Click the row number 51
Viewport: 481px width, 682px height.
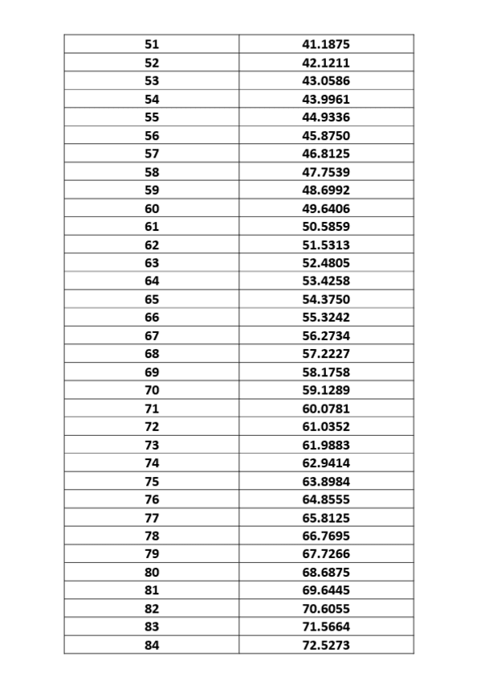[152, 45]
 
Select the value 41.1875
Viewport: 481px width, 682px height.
[326, 45]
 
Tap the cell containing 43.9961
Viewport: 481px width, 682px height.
[326, 100]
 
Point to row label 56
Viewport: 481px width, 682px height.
[152, 136]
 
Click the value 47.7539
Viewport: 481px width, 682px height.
[326, 172]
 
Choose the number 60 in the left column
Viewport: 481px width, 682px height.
[152, 209]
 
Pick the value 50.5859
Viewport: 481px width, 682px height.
[326, 227]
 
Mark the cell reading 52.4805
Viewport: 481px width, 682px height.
[326, 263]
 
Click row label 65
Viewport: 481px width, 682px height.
[152, 299]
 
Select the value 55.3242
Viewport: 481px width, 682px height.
[326, 318]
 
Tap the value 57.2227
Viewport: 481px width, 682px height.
[326, 354]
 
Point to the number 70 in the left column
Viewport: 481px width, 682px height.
[152, 390]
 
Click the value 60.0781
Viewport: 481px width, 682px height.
[326, 409]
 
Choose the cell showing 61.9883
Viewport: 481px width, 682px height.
[326, 445]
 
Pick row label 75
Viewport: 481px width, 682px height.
[152, 482]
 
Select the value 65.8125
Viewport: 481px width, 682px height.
[326, 518]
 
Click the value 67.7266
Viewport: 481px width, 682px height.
[326, 554]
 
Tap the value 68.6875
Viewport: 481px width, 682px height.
[326, 573]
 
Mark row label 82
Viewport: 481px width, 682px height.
[152, 609]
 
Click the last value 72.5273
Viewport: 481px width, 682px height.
[326, 645]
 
